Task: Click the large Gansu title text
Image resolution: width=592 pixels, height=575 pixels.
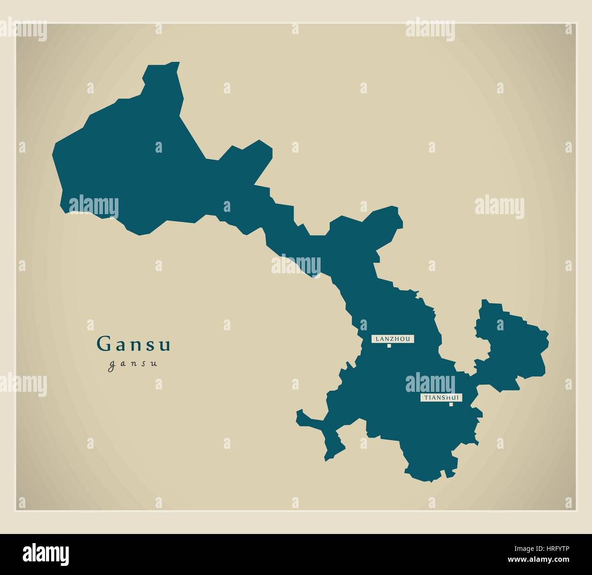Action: (x=134, y=344)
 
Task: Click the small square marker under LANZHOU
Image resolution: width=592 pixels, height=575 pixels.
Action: (x=389, y=346)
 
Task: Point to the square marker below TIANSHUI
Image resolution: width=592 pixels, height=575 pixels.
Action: (x=451, y=404)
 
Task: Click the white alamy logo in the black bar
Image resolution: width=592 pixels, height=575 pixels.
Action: (x=46, y=553)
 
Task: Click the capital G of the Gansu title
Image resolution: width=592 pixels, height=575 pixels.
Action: (x=103, y=344)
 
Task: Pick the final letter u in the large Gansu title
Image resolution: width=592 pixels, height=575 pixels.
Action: (x=166, y=345)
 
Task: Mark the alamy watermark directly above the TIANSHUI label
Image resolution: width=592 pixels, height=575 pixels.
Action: (x=430, y=381)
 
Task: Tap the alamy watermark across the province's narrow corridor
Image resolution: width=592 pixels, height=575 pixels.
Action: (x=296, y=265)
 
